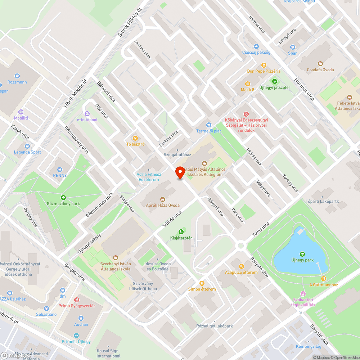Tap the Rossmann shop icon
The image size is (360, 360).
17,76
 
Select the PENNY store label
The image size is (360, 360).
60,175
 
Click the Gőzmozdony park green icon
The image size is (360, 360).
63,197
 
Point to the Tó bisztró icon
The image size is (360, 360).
135,138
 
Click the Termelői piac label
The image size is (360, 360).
209,131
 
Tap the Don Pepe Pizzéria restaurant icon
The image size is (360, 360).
264,65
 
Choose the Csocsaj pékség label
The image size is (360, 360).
256,52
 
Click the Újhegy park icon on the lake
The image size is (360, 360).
302,254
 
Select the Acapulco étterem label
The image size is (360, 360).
241,273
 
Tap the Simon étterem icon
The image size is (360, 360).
202,283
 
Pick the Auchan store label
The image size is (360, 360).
81,324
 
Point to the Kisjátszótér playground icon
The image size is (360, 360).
181,232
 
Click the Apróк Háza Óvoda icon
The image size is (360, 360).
162,199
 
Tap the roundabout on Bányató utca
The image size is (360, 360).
240,246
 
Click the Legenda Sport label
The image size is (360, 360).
27,152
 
